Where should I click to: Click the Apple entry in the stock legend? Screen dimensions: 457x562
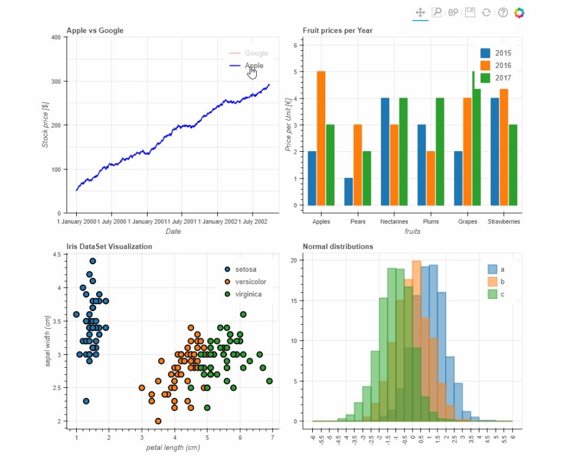(x=254, y=66)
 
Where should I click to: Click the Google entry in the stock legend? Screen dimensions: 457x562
(x=256, y=53)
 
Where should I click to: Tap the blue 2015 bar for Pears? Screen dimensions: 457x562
(x=349, y=191)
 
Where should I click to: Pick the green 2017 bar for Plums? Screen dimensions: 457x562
(x=440, y=152)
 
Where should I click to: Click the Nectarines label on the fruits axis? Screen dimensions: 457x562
(x=394, y=222)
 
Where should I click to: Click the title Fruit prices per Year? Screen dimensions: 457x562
(x=337, y=30)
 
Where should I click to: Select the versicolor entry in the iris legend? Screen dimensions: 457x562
(x=250, y=282)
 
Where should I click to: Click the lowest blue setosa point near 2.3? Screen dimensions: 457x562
(x=86, y=401)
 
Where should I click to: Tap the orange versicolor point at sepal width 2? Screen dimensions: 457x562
(x=158, y=421)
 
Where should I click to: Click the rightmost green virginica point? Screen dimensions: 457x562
(x=269, y=381)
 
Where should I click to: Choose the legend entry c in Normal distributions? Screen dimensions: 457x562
(x=502, y=293)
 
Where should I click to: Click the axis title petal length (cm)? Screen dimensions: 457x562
(x=173, y=448)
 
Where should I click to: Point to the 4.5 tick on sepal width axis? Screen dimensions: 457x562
(x=56, y=254)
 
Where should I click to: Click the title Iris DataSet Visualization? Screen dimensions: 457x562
(x=109, y=246)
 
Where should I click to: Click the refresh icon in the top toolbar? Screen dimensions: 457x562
(x=486, y=12)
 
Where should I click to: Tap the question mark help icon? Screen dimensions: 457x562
(x=503, y=12)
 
